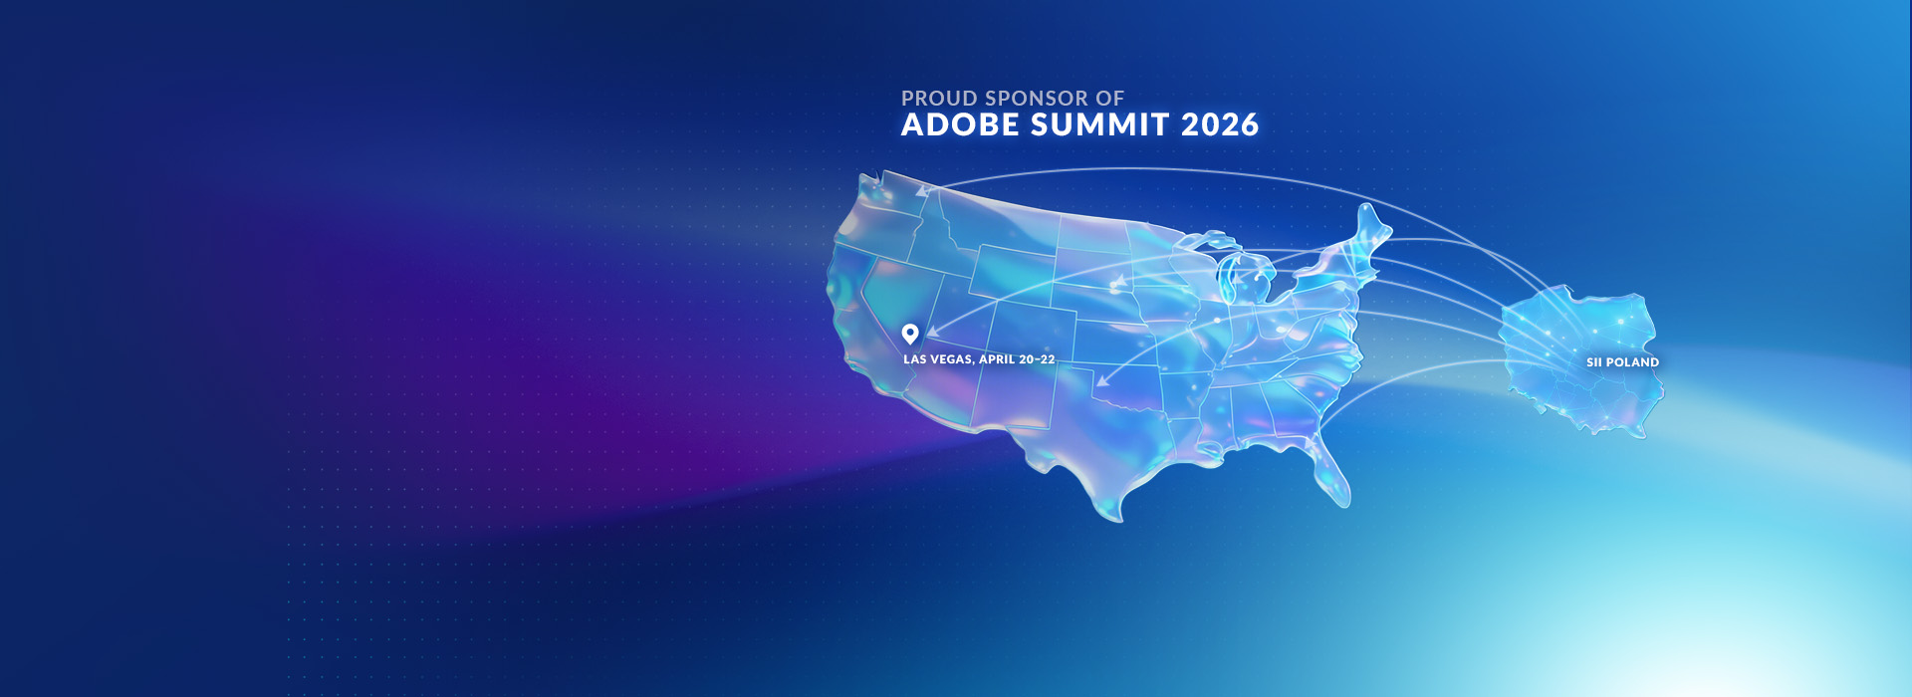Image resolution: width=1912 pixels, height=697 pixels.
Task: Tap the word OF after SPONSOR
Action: [x=1109, y=99]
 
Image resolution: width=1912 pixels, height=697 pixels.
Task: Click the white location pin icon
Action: [x=910, y=334]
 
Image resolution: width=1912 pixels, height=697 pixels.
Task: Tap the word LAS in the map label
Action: [x=914, y=359]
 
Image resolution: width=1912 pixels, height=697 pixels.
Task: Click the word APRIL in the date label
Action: [x=997, y=359]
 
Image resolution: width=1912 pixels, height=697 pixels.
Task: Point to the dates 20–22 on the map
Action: [x=1037, y=359]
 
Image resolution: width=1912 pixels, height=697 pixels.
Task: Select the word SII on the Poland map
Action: [x=1594, y=362]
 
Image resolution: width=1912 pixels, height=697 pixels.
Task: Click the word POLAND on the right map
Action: [x=1633, y=362]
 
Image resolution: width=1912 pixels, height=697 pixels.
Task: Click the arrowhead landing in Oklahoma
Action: [x=1103, y=379]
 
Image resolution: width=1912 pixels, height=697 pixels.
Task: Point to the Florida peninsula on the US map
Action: [x=1332, y=473]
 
